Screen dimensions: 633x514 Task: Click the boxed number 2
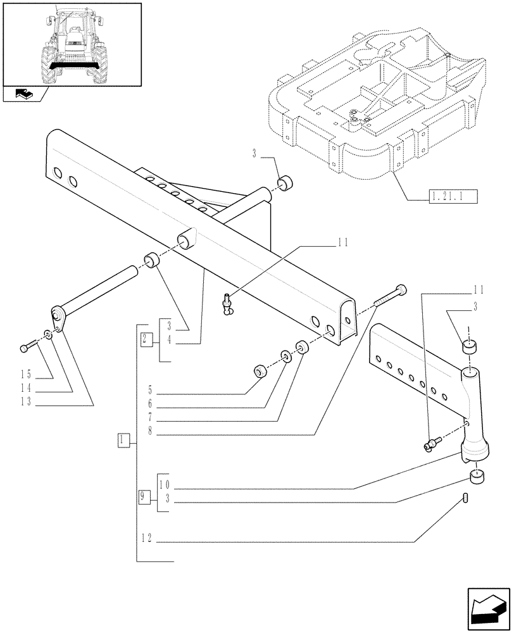point(146,338)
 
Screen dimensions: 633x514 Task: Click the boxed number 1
point(124,439)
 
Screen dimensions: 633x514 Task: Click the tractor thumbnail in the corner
point(71,45)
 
